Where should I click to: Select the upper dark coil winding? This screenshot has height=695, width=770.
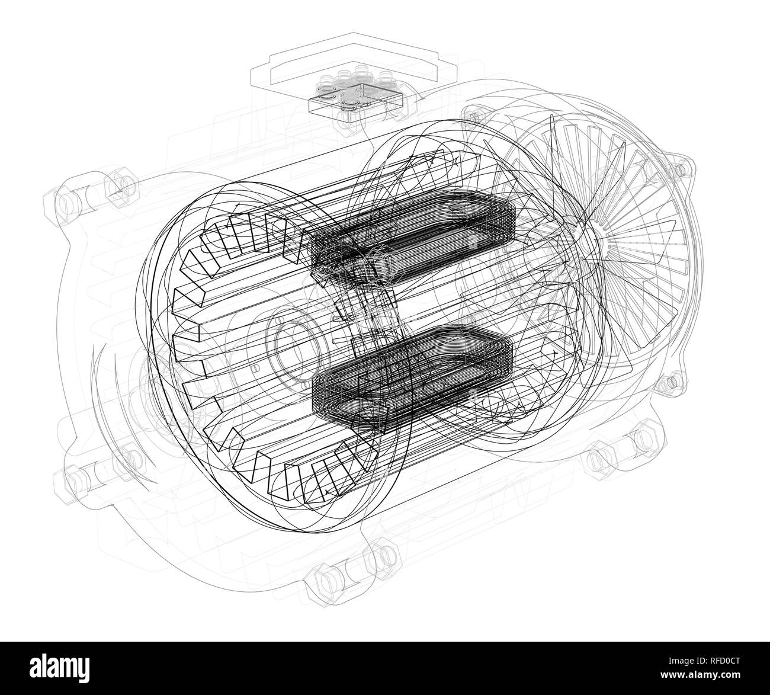point(415,237)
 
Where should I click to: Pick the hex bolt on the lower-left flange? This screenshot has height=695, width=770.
point(74,478)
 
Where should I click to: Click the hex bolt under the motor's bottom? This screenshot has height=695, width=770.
point(323,578)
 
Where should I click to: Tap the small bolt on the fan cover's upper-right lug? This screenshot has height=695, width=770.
point(681,168)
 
